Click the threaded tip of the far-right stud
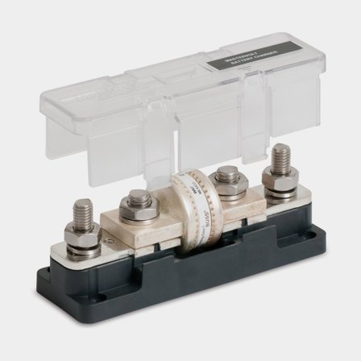[x=282, y=157]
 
